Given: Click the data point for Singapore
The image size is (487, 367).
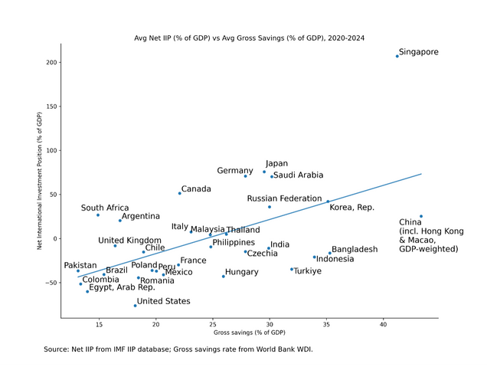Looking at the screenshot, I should pos(397,56).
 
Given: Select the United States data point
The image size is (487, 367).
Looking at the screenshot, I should pos(136,306).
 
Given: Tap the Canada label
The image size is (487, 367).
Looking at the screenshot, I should pos(196,189).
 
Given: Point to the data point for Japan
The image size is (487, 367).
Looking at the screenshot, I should pos(264,172).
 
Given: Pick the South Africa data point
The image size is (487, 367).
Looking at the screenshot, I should pos(98,215).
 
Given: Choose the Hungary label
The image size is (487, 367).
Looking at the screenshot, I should pos(242,272).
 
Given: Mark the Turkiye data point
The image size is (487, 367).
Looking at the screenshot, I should pos(292,269).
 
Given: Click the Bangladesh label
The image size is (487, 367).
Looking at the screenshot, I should pos(355,250).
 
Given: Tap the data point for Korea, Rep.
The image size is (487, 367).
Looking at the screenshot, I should pos(328,202).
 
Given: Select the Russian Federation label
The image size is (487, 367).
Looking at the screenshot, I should pos(284,198).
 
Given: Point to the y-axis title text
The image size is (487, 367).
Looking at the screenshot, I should pos(40,181).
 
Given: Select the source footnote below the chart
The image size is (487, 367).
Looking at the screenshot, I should pos(178,349).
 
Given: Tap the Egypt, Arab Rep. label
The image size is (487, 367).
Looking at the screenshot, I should pos(122,288).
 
